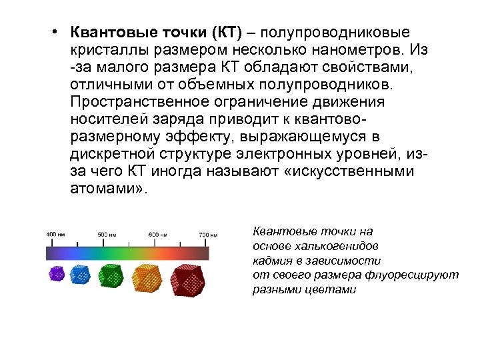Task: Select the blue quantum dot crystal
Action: pos(79,273)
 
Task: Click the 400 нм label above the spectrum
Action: pos(55,235)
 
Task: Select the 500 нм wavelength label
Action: pos(107,235)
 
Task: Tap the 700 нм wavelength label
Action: pos(208,235)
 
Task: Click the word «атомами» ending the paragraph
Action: pos(105,189)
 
